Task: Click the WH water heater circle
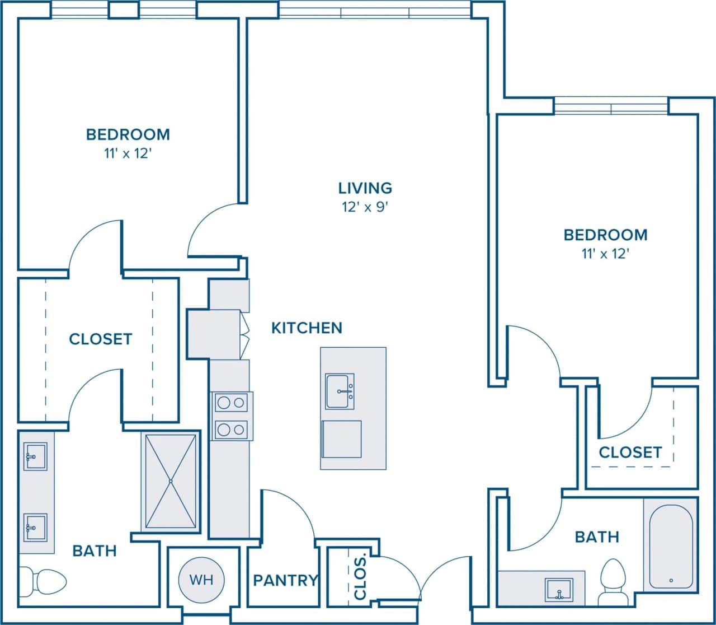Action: [201, 580]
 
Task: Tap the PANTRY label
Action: [285, 580]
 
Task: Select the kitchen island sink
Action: [340, 391]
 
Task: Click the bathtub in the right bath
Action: [671, 545]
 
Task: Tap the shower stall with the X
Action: [171, 481]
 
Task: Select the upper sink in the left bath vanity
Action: [35, 456]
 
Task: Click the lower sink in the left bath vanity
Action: [35, 527]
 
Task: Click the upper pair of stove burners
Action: [232, 402]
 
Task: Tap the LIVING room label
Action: [365, 188]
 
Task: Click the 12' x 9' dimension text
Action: [365, 207]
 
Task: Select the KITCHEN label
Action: [307, 328]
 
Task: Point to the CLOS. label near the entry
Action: [360, 576]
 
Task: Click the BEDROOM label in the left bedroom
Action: [128, 134]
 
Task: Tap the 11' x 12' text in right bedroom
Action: [605, 254]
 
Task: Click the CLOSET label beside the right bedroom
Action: [630, 452]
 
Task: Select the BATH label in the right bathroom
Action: [597, 537]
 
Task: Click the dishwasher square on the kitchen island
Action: [342, 439]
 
